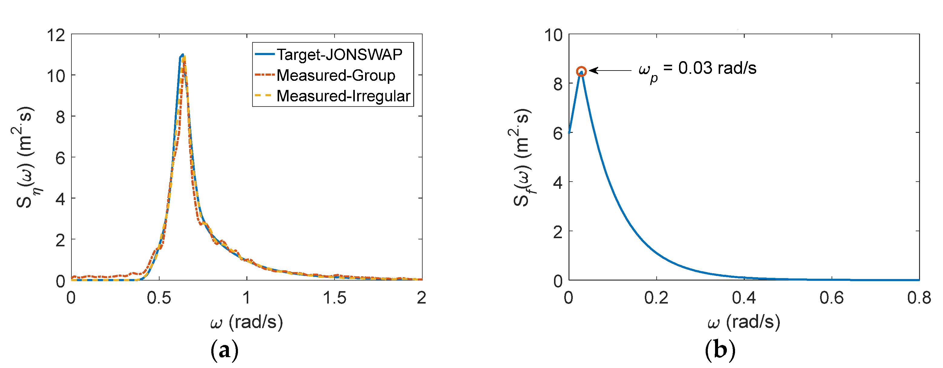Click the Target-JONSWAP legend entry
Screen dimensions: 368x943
[x=339, y=54]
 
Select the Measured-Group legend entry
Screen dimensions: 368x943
[x=335, y=75]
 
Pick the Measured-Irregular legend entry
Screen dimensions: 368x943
[x=343, y=96]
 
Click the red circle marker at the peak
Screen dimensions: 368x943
[x=581, y=71]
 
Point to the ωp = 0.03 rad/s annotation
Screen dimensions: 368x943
[x=697, y=70]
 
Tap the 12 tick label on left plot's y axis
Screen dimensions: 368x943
[x=56, y=35]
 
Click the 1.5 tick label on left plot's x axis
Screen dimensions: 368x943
[x=334, y=298]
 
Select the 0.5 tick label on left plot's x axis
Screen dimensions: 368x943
[x=159, y=298]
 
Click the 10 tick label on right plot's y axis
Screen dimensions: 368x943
[x=553, y=35]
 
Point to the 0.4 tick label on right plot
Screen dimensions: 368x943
[x=744, y=298]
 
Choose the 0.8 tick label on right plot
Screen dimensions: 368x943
[x=919, y=298]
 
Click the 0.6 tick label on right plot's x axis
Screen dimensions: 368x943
[x=831, y=298]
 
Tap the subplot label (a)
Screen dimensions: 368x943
[x=224, y=350]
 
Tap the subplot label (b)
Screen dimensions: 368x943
[x=720, y=350]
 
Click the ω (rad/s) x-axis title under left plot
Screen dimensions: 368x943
[x=246, y=322]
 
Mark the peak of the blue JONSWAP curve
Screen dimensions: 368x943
[x=182, y=55]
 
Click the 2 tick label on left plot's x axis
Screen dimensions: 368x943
[x=421, y=298]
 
